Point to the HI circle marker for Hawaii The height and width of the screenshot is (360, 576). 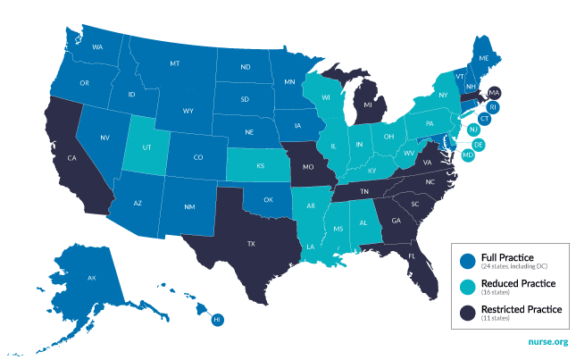coord(217,319)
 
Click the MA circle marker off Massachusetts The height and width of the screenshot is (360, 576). coord(495,93)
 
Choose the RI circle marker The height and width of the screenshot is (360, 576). coord(492,106)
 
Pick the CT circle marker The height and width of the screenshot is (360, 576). coord(485,118)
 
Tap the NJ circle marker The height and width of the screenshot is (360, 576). coord(473,130)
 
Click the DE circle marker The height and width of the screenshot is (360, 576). coord(479,144)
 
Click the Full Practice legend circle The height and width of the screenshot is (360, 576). coord(466,261)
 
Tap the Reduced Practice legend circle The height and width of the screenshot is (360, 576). coord(466,286)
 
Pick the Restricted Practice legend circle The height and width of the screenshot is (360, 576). coord(466,312)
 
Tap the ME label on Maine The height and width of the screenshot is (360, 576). coord(483,58)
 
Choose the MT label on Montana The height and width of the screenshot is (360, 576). coord(174,64)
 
